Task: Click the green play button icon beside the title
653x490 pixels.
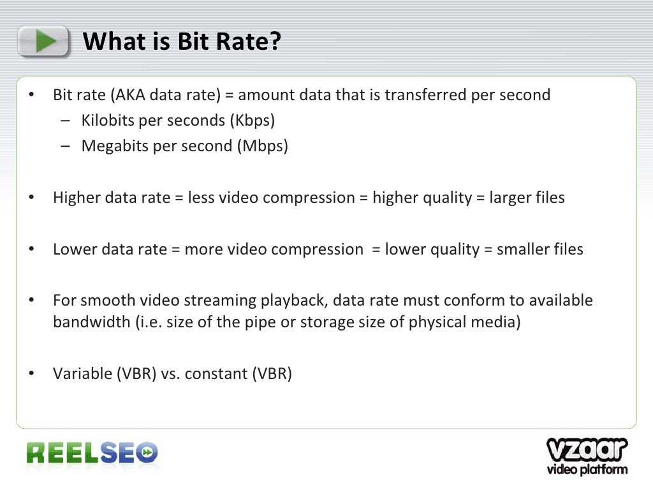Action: coord(43,41)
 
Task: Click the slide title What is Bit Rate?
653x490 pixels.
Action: coord(182,42)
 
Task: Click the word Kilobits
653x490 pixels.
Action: coord(105,121)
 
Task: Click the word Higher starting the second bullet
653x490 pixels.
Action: coord(74,198)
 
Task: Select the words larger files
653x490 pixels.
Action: coord(527,198)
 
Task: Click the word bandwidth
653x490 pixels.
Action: coord(91,322)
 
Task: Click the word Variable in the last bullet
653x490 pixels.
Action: coord(81,374)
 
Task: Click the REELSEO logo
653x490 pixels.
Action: coord(92,453)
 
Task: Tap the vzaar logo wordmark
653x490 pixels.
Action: coord(587,449)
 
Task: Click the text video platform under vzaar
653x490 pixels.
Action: coord(587,470)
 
